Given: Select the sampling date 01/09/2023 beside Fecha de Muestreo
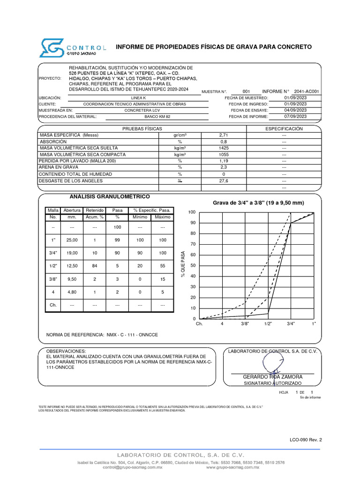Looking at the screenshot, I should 295,97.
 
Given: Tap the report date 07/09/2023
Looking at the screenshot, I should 295,116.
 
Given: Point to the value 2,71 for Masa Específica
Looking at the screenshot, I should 224,135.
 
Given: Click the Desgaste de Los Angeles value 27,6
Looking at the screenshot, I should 224,180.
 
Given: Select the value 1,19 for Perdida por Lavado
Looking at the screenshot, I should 224,161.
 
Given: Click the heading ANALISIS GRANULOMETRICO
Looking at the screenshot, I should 109,196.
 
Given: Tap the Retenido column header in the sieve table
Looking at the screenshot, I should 95,210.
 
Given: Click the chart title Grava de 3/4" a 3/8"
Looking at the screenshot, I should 258,203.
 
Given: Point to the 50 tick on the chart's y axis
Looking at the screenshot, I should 192,265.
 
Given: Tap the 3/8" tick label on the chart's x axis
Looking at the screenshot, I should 245,323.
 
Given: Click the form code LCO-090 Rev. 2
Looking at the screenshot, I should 306,440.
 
